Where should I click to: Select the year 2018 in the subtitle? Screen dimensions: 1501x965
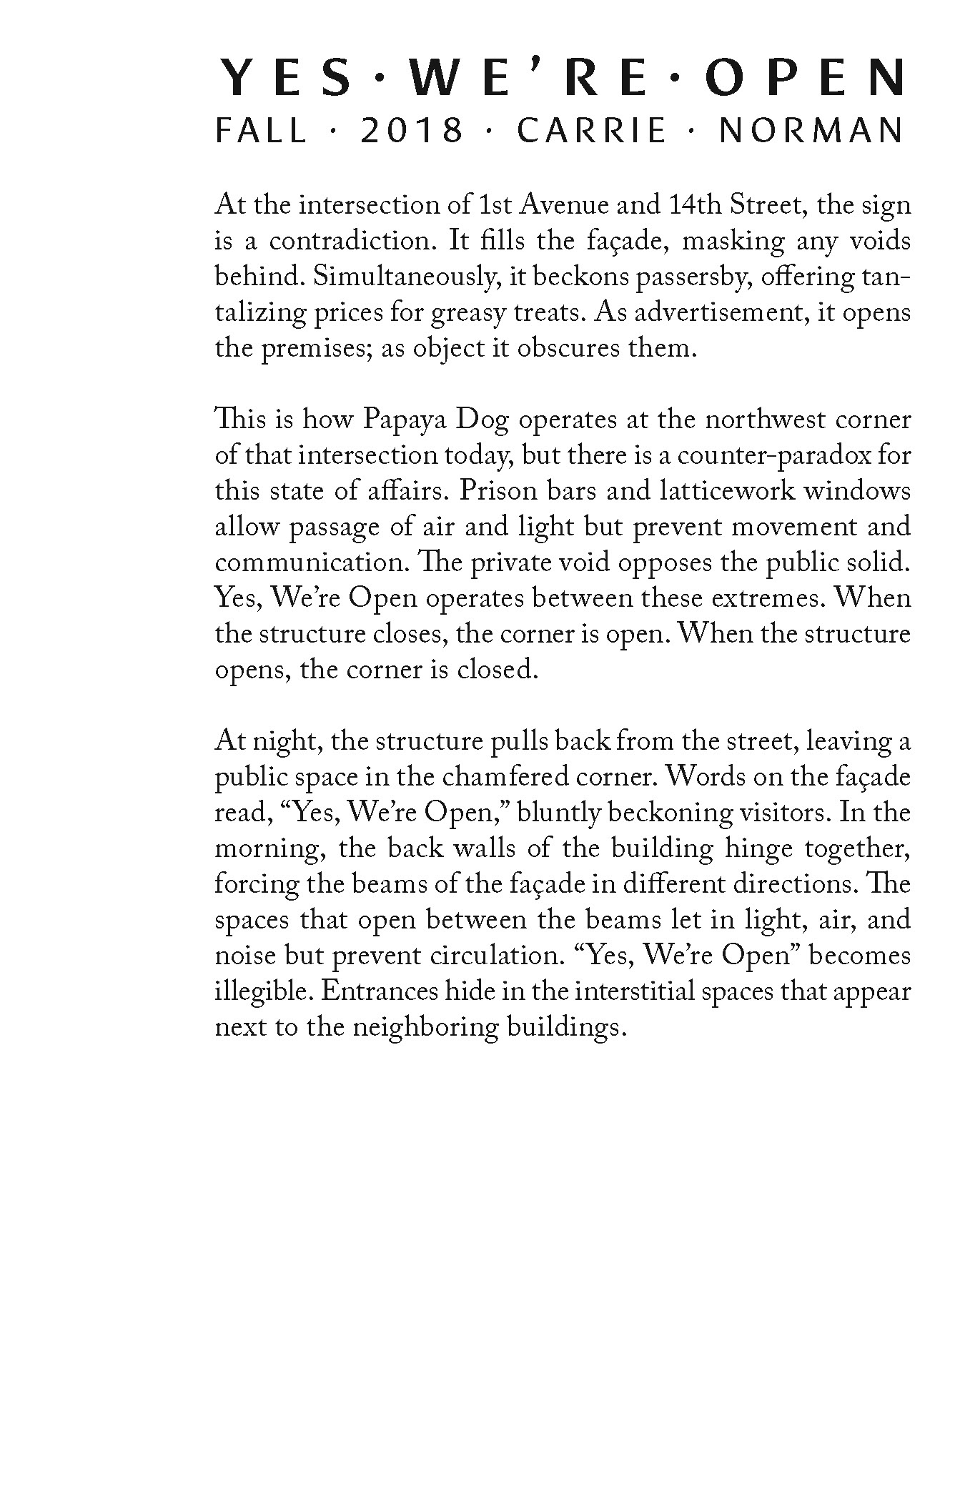click(412, 132)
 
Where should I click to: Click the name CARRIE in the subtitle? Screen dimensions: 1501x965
click(593, 132)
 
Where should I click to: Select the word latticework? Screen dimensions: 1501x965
click(733, 492)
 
